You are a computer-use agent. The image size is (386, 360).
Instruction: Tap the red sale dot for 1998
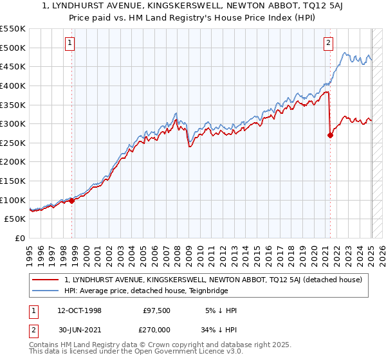tap(72, 200)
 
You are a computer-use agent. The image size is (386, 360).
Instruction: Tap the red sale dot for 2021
tap(330, 135)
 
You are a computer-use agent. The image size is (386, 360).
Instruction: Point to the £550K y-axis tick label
tap(13, 29)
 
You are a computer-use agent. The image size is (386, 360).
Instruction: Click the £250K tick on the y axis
tap(13, 143)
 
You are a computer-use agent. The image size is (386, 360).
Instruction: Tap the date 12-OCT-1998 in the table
tap(80, 310)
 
